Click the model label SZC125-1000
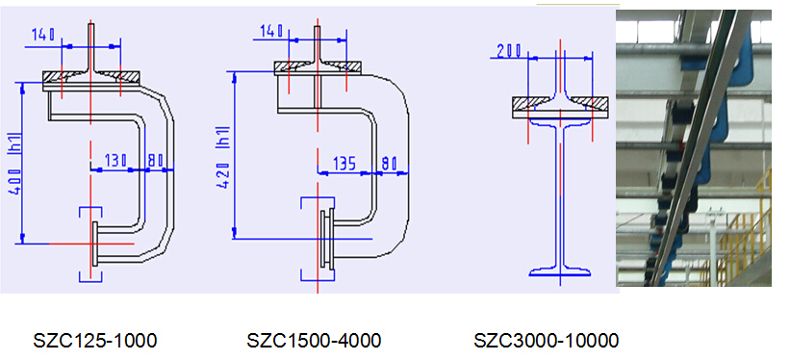(x=94, y=341)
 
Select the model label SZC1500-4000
(x=314, y=341)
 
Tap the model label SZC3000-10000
(x=547, y=341)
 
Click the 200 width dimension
(x=510, y=50)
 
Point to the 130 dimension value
(x=115, y=161)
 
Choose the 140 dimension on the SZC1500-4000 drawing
(x=272, y=32)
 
